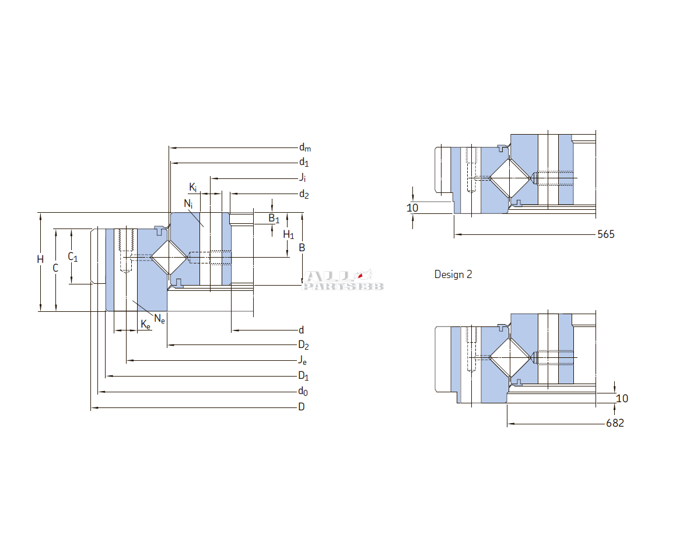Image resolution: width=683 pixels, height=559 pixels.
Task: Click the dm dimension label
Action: coord(304,147)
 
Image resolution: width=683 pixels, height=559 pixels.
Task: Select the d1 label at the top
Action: coord(304,163)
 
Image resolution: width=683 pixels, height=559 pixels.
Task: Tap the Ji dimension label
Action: coord(303,178)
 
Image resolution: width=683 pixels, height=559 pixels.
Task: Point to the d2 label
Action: coord(304,194)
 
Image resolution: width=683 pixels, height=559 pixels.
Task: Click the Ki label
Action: coord(193,187)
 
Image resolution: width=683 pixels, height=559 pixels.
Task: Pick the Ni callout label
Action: coord(188,203)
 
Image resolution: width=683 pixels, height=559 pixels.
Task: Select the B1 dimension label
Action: coord(274,219)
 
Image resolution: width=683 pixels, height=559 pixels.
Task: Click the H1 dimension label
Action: coord(288,235)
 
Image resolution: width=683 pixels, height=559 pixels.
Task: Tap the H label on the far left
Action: coord(40,259)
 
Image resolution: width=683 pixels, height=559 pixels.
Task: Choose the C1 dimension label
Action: coord(72,256)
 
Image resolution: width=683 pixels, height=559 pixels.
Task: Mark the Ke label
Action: coord(146,325)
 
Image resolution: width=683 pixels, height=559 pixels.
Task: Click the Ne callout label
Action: coord(159,318)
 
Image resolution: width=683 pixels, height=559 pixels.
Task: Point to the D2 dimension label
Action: coord(303,345)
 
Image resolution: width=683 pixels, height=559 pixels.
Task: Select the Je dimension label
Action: coord(303,360)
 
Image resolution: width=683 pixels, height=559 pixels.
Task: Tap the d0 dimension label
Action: coord(303,391)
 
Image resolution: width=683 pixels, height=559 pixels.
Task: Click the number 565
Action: coord(606,234)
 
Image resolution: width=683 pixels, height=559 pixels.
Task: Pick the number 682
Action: coord(615,423)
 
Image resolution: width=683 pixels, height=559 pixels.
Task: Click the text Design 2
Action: coord(453,275)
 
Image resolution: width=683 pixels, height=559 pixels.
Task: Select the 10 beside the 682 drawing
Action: coord(622,399)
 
